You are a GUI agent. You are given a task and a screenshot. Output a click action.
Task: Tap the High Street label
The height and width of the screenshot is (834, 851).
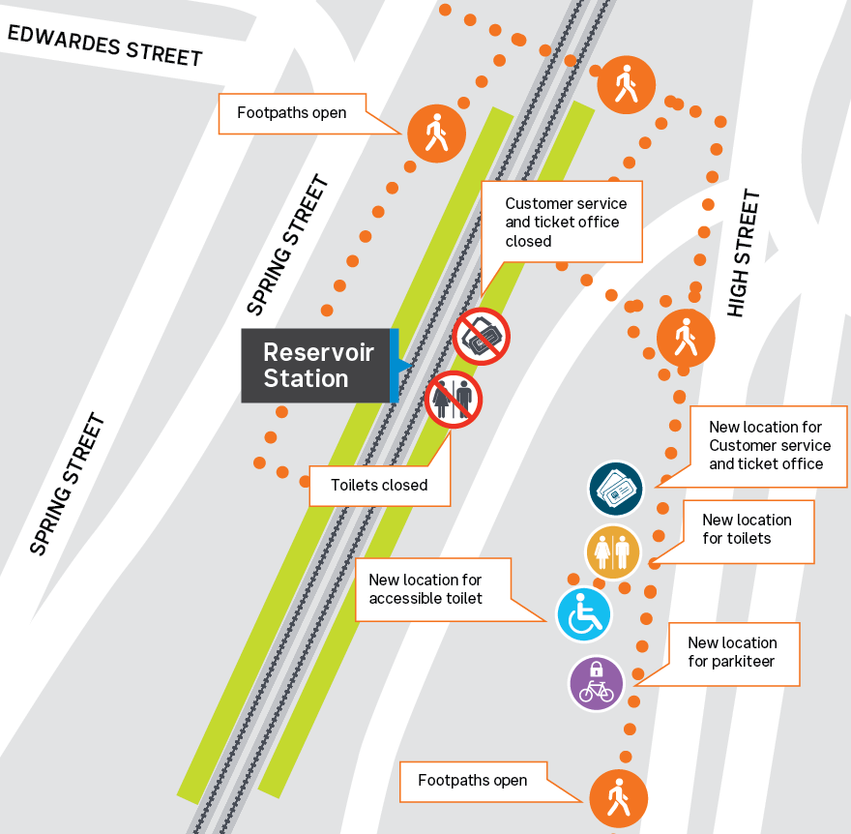744,253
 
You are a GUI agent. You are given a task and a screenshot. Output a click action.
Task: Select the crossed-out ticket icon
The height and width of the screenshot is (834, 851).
482,337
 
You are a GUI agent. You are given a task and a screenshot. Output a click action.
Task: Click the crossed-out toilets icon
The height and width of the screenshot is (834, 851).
454,400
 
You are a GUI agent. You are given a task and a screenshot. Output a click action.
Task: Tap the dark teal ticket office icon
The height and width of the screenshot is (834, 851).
616,488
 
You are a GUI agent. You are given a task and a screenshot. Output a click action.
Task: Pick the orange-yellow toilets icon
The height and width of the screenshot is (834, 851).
613,552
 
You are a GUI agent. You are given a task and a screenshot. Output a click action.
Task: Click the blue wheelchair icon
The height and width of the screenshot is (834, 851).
584,614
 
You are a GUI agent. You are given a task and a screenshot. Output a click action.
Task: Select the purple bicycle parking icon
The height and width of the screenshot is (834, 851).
596,683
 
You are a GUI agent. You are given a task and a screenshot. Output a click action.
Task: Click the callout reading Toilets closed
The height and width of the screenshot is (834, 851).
379,485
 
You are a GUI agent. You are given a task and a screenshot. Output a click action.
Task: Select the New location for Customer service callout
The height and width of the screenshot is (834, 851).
770,445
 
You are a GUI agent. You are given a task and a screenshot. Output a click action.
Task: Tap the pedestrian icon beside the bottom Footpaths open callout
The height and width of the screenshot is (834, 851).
618,799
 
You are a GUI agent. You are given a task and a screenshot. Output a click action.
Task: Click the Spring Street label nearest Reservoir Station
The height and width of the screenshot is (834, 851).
287,245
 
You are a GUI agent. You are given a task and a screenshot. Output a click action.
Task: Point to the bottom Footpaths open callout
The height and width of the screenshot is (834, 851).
472,780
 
